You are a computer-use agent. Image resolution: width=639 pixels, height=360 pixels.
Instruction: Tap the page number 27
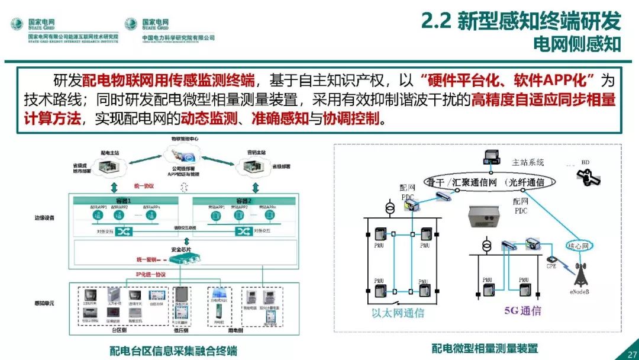coord(628,354)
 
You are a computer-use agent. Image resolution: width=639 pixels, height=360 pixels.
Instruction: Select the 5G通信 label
coord(505,311)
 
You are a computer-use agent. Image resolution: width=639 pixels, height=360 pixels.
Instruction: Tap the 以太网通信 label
coord(398,313)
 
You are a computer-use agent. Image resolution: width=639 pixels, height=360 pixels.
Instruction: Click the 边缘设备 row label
coord(44,217)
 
